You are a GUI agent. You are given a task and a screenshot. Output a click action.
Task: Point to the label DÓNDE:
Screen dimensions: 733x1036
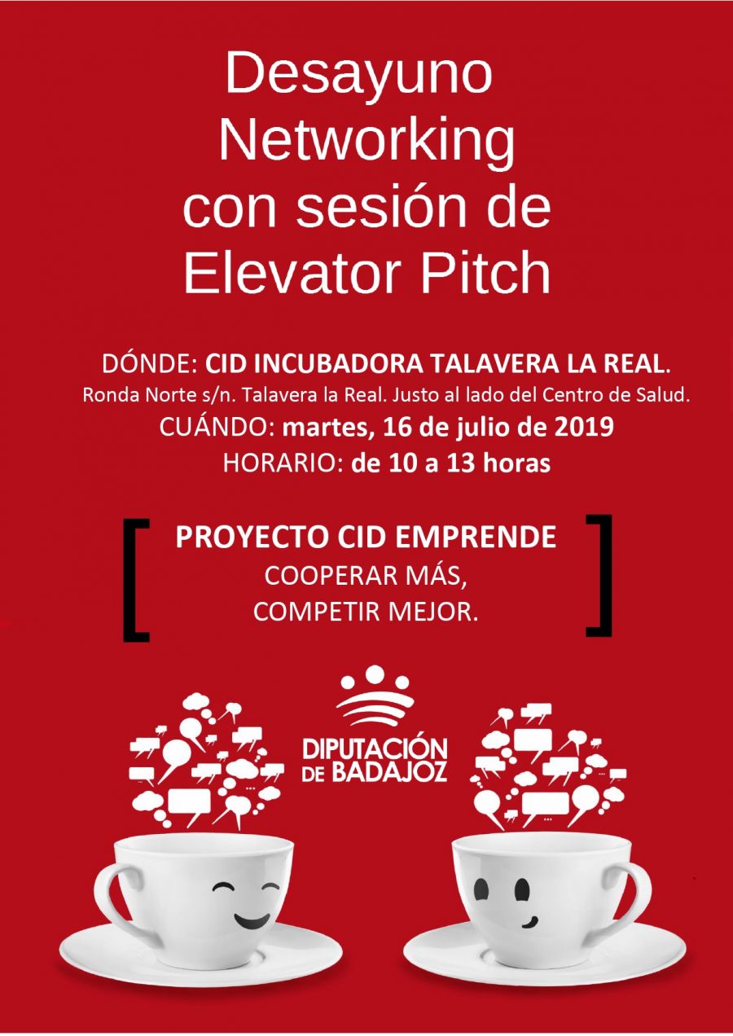pos(151,364)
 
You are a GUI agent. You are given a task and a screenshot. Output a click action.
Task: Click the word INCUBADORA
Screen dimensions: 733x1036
pos(340,365)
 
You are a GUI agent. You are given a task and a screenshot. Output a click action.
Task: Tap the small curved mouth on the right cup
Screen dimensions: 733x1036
pos(529,921)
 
